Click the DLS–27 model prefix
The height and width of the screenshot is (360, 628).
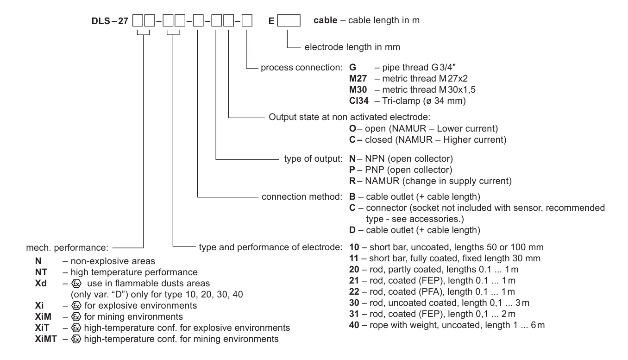pyautogui.click(x=110, y=21)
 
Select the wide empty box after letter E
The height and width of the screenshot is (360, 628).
pyautogui.click(x=289, y=20)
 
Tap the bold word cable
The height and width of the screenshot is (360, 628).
pyautogui.click(x=325, y=20)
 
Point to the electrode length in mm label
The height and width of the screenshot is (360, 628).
pyautogui.click(x=352, y=47)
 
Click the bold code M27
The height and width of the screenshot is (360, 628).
pyautogui.click(x=358, y=78)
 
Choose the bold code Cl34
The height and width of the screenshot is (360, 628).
pyautogui.click(x=358, y=101)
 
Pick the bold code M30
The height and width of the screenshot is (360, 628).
pyautogui.click(x=358, y=90)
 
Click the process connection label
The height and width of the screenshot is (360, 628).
pyautogui.click(x=301, y=68)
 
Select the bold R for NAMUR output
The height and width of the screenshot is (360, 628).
pyautogui.click(x=352, y=181)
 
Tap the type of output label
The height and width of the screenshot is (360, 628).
pyautogui.click(x=313, y=159)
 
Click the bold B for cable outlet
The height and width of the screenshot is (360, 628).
pyautogui.click(x=352, y=197)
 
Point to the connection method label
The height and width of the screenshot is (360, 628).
pyautogui.click(x=301, y=197)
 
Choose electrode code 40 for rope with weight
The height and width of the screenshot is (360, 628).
pyautogui.click(x=354, y=325)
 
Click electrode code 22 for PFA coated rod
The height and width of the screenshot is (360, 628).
pyautogui.click(x=354, y=292)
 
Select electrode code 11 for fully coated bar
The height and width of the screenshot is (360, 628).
pyautogui.click(x=354, y=259)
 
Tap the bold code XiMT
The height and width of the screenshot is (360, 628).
pyautogui.click(x=46, y=339)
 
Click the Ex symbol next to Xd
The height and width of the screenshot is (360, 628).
pyautogui.click(x=76, y=284)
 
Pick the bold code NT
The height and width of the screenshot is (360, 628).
pyautogui.click(x=41, y=272)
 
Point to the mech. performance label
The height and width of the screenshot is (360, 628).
pyautogui.click(x=67, y=248)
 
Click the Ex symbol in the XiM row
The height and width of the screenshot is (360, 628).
pyautogui.click(x=76, y=317)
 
